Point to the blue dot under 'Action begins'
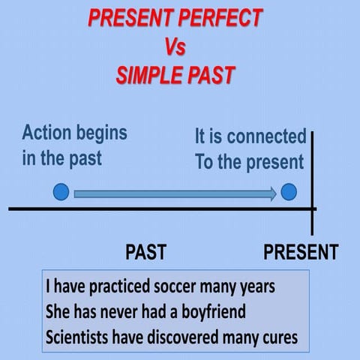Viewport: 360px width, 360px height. click(61, 193)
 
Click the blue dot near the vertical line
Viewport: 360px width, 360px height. click(289, 193)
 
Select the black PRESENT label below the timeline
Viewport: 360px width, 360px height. click(300, 251)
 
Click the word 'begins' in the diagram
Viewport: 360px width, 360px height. click(100, 133)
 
